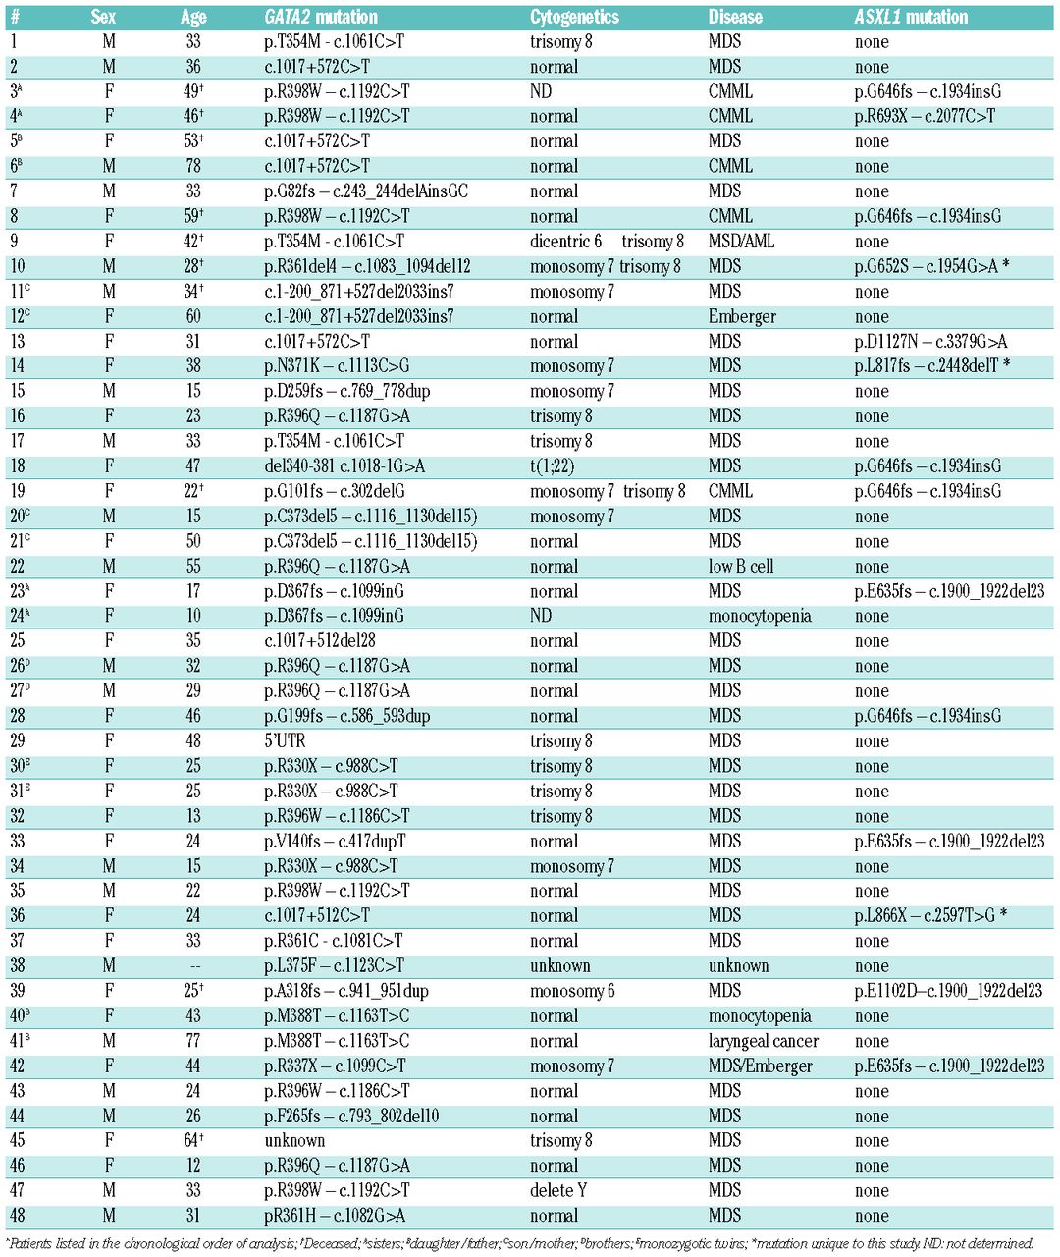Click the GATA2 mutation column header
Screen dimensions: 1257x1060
click(x=321, y=17)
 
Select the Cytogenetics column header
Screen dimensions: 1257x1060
click(x=574, y=17)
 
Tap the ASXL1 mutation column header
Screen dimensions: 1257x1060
click(x=911, y=17)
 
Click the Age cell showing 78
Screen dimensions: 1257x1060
click(x=193, y=166)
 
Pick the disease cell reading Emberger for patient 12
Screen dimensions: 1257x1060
click(x=742, y=316)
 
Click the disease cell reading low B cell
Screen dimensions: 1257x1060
click(x=741, y=566)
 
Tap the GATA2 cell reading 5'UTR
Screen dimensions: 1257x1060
click(x=285, y=740)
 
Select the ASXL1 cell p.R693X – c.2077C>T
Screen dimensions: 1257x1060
click(x=925, y=116)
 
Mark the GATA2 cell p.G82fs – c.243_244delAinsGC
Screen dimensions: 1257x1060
click(x=365, y=191)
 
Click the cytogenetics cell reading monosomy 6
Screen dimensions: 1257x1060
click(x=572, y=991)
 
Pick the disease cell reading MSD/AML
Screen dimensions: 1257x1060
click(x=741, y=241)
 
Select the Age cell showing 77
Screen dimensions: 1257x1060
click(x=193, y=1041)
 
